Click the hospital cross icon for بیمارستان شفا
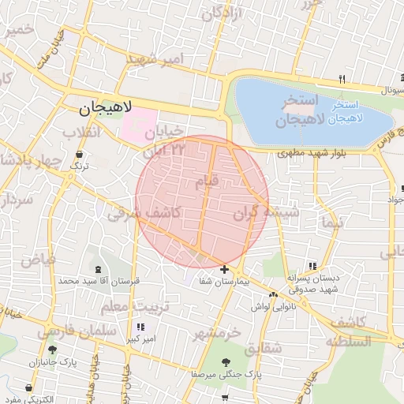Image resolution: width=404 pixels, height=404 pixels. coord(225,270)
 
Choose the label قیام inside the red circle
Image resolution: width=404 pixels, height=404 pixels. coord(208,182)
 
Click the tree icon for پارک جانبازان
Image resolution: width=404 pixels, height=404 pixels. coord(52,350)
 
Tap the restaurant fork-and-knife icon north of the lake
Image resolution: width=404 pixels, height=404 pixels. coord(342,79)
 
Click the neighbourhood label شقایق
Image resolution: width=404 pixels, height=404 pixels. coord(263,348)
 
